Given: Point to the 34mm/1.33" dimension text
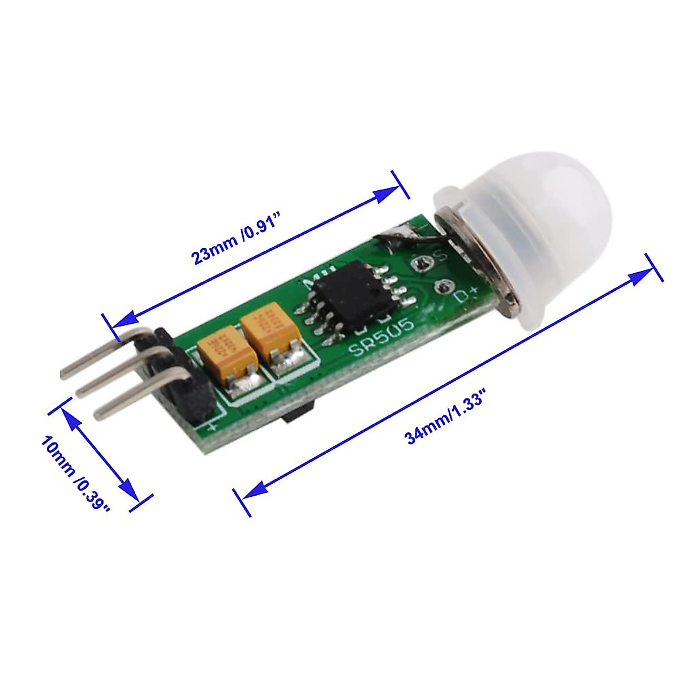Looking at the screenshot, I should (447, 420).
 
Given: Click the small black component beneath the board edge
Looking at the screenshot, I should (296, 413).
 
